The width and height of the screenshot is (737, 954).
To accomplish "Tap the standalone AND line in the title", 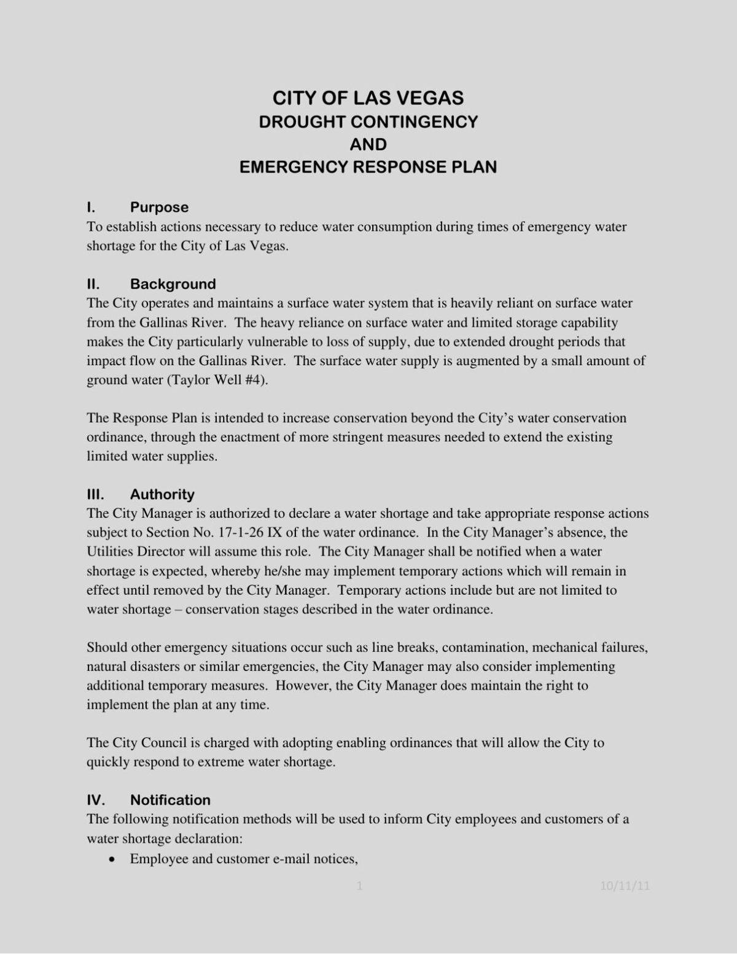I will [x=368, y=144].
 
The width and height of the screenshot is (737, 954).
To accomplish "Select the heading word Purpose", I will [x=159, y=207].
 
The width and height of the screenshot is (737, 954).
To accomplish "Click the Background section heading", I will [x=173, y=284].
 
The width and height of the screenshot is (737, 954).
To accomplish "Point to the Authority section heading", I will [x=162, y=495].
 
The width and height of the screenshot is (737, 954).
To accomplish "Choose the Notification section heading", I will [x=170, y=801].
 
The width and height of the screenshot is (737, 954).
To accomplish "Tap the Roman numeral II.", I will [x=93, y=284].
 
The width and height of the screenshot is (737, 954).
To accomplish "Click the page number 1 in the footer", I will [x=360, y=886].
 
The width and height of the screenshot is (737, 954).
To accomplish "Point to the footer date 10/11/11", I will [x=625, y=886].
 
